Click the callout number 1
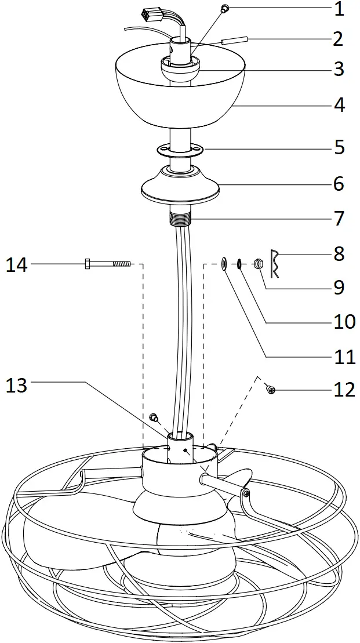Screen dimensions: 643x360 point(339,9)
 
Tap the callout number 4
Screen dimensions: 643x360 point(339,105)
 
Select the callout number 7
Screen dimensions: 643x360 point(339,219)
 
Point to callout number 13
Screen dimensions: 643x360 point(16,385)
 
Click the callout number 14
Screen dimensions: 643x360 point(17,264)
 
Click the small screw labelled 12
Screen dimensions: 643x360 point(270,390)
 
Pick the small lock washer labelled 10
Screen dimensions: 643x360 point(239,264)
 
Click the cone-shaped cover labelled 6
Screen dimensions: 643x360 point(180,186)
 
